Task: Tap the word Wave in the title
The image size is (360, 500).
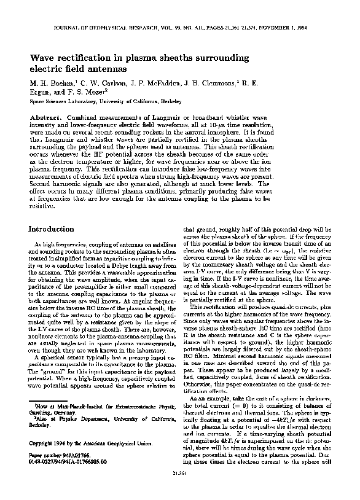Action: tap(44, 57)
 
